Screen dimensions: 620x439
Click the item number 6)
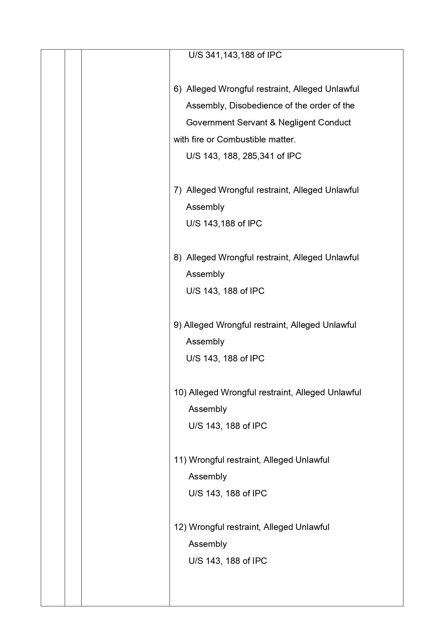click(177, 89)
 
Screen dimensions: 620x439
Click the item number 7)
click(177, 190)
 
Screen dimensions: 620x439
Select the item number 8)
click(177, 258)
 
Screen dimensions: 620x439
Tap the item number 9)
click(177, 325)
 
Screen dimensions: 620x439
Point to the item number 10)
click(180, 392)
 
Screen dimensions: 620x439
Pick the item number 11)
click(180, 460)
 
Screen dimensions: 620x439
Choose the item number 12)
click(180, 527)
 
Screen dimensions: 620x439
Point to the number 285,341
click(259, 156)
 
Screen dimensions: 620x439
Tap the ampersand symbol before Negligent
click(272, 123)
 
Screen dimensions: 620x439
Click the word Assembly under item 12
click(207, 544)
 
